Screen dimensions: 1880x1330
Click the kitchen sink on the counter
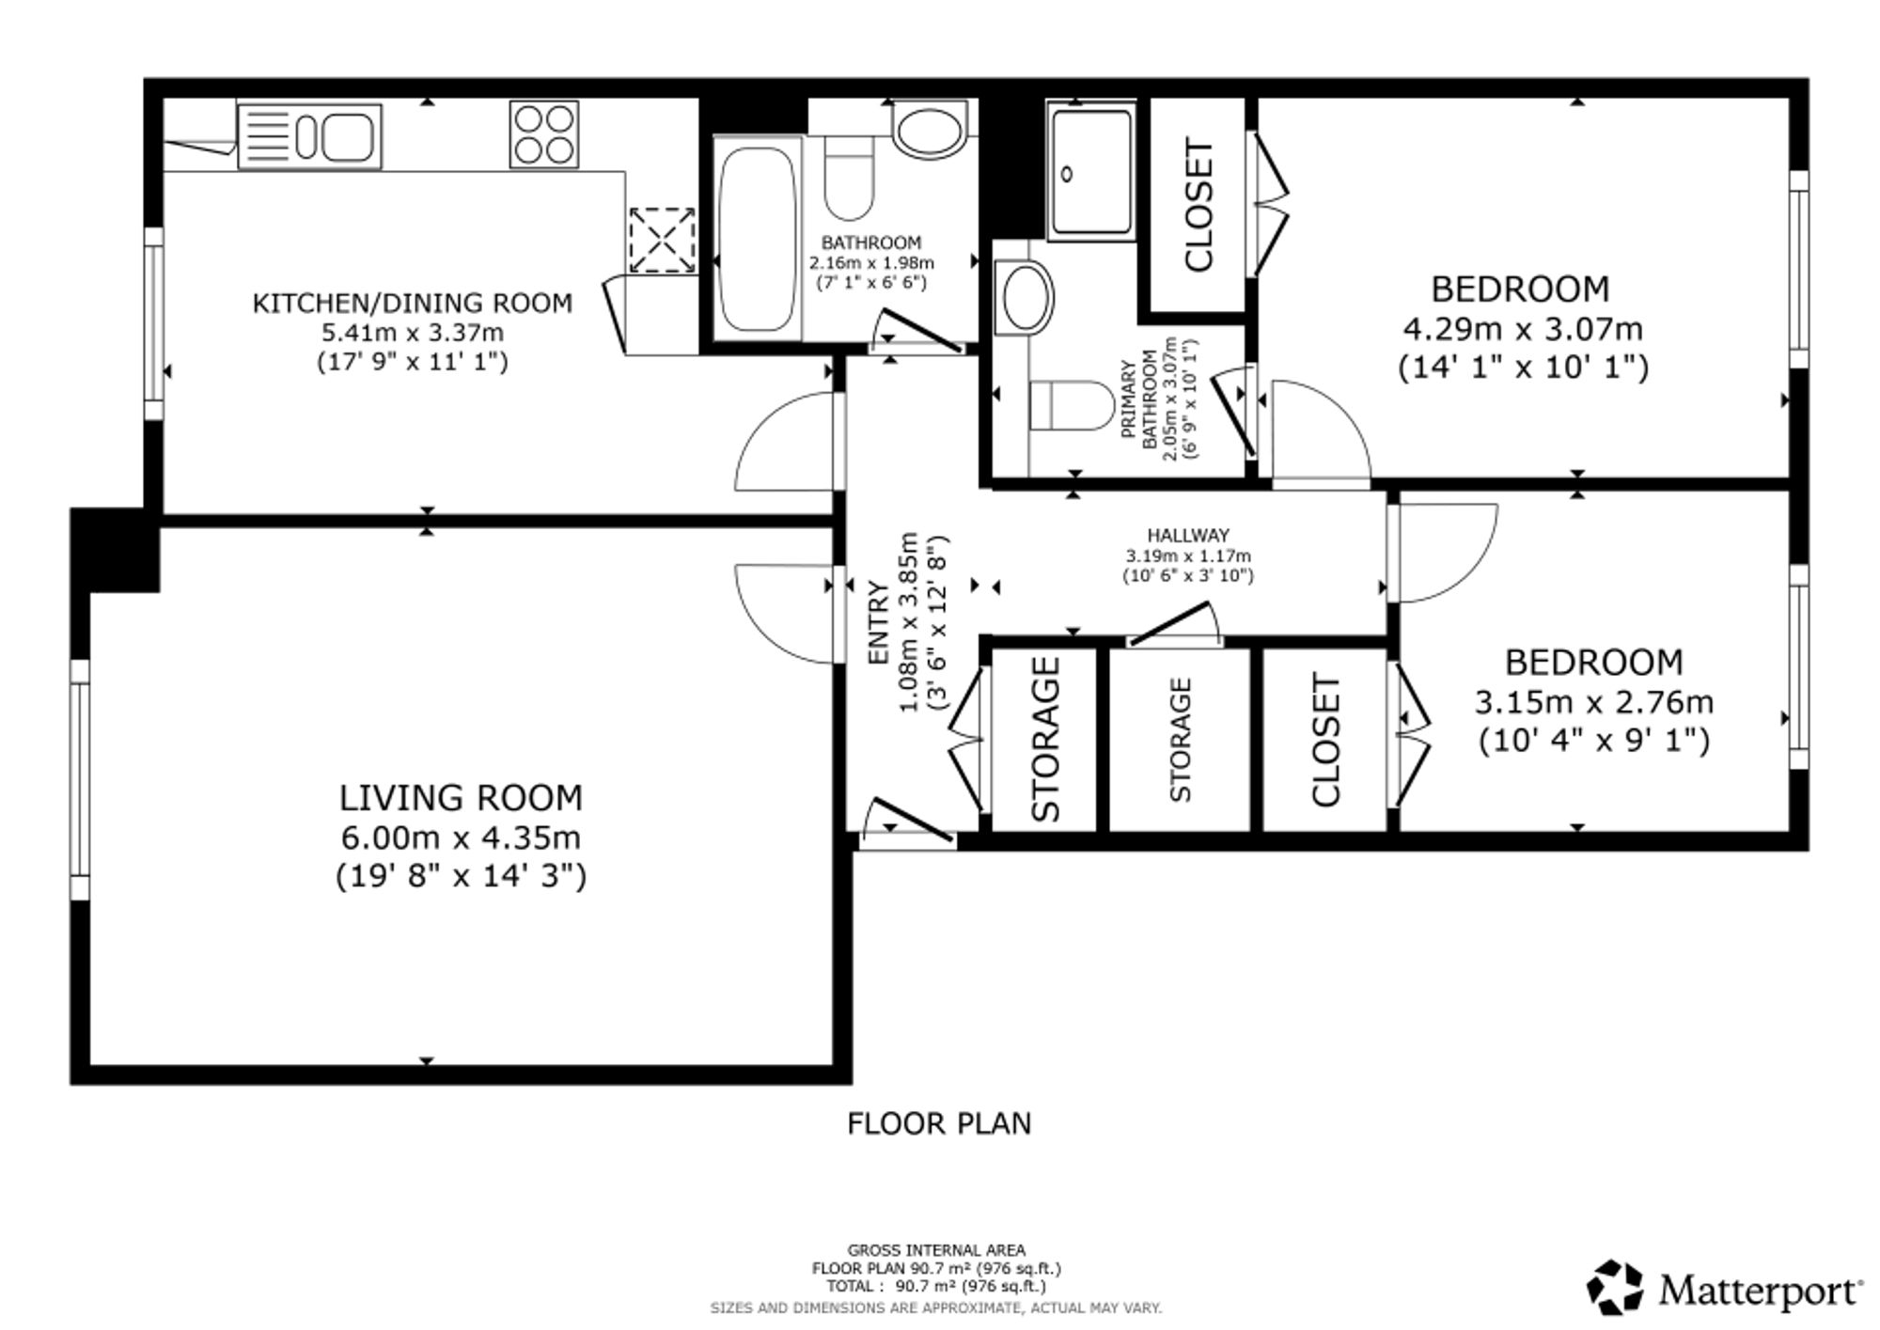[310, 136]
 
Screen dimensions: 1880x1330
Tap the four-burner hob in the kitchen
[544, 135]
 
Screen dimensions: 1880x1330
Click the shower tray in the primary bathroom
[1091, 170]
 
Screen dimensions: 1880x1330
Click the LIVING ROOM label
[461, 798]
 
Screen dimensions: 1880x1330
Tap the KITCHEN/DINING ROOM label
[412, 303]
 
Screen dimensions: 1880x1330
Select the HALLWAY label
[1188, 536]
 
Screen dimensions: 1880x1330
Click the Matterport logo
[1725, 1289]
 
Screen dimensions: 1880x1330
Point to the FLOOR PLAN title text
[939, 1123]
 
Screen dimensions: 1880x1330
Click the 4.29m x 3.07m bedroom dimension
[1523, 329]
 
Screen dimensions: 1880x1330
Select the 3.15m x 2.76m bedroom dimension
[1593, 702]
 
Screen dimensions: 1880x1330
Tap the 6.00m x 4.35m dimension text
[462, 837]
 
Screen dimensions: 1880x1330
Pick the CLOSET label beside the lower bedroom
[1324, 740]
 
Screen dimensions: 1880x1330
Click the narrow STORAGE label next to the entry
[1045, 739]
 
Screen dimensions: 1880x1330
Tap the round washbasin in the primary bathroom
[1026, 297]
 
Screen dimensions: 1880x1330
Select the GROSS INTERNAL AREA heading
[936, 1250]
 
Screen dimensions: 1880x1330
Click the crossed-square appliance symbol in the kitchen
[662, 241]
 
